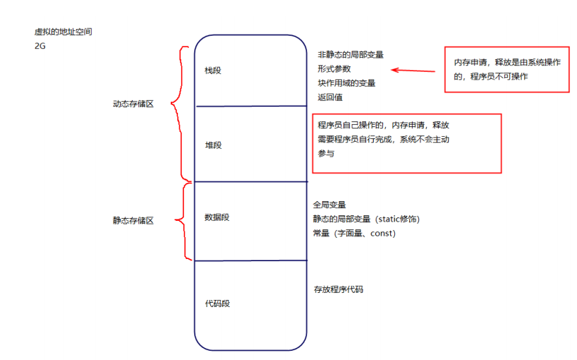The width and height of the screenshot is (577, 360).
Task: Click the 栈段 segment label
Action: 212,71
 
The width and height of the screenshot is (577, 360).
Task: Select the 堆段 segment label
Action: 212,145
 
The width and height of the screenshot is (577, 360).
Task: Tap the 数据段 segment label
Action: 217,217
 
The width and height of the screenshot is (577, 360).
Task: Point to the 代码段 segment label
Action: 217,304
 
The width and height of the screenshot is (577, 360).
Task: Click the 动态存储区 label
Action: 133,104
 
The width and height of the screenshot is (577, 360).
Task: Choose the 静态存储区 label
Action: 133,220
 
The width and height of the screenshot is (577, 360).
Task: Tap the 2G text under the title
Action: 40,46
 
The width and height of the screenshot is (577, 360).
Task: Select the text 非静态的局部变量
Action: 351,54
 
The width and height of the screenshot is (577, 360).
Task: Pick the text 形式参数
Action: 334,68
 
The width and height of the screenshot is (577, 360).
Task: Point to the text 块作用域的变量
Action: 346,83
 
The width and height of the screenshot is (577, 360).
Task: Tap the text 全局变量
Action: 329,205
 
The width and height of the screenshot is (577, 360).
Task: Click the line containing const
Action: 354,233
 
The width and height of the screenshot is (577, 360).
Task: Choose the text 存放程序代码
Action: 339,290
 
